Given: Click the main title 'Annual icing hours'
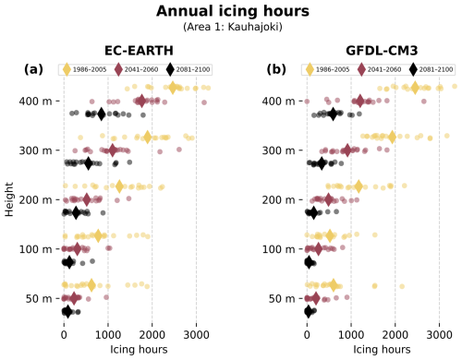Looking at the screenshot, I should coord(231,12).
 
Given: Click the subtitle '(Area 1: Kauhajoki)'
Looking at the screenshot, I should coord(231,28).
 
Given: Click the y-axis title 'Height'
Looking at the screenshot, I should coord(10,199).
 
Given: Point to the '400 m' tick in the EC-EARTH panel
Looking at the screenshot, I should coord(36,101).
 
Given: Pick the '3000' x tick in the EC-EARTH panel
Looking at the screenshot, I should coord(196,335).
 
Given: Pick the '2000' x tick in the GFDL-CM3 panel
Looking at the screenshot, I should coord(395,335).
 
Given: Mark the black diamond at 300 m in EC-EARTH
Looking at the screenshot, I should coord(89,163).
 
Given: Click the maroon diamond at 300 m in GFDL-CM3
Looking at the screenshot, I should coord(346,150).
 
